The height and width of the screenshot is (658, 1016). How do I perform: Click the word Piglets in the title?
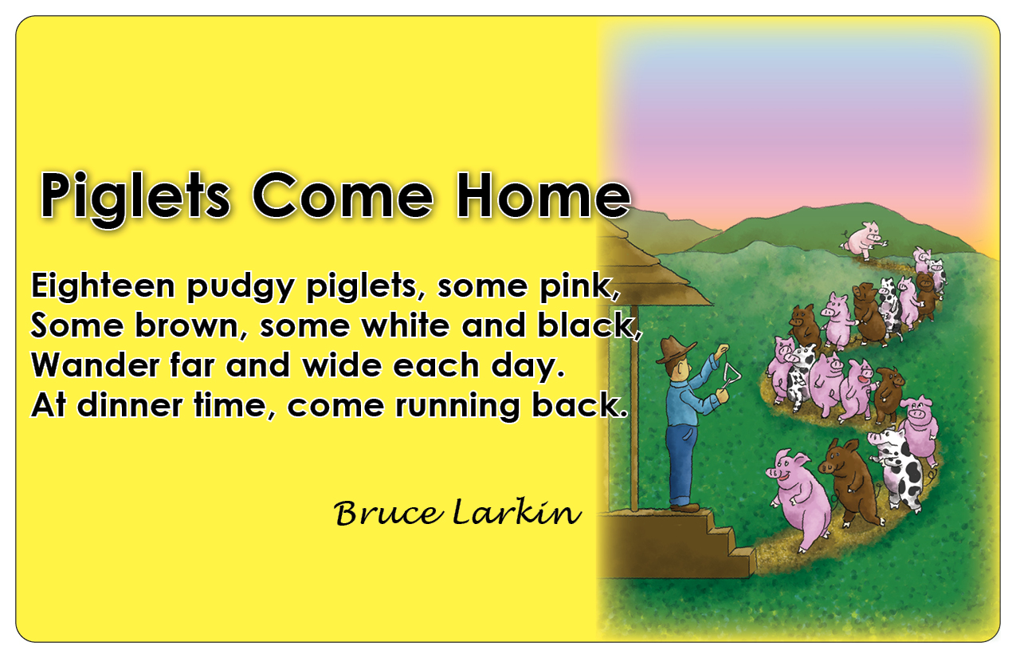(135, 197)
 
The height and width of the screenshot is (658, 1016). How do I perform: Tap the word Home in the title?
(543, 195)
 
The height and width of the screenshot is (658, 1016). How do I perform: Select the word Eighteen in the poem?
(103, 286)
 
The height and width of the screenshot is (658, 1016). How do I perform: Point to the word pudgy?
(241, 287)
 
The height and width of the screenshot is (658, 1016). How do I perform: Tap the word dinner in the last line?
(130, 404)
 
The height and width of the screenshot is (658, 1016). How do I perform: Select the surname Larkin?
(517, 512)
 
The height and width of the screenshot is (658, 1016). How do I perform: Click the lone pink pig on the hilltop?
(863, 238)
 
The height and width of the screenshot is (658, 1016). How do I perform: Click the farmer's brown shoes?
(685, 507)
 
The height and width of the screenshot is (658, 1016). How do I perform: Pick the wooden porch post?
(634, 407)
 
